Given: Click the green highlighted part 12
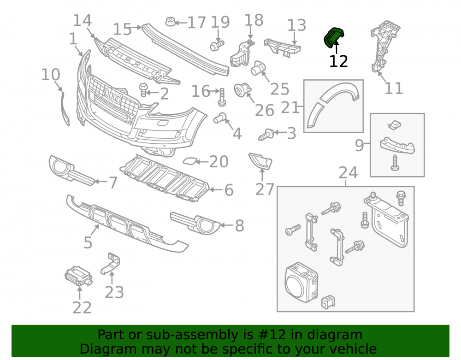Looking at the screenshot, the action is point(333,38).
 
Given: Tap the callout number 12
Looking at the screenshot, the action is point(338,61).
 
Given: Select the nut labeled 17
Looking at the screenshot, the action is point(171,22).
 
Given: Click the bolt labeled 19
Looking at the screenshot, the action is point(217,46).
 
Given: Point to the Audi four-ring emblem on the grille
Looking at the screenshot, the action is point(113,95).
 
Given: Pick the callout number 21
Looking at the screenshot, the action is point(290,107).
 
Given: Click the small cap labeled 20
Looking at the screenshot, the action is point(189,161).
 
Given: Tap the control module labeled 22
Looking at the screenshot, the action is point(78,276).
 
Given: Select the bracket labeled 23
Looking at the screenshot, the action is point(111,263).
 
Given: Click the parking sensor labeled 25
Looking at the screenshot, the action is point(258,68).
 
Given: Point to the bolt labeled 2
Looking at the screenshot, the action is point(143,89).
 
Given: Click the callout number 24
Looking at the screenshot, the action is point(348,172).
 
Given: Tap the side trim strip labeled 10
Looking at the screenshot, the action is point(65,108).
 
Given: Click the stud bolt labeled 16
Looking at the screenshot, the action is point(222,97).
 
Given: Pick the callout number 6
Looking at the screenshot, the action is point(229,190).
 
